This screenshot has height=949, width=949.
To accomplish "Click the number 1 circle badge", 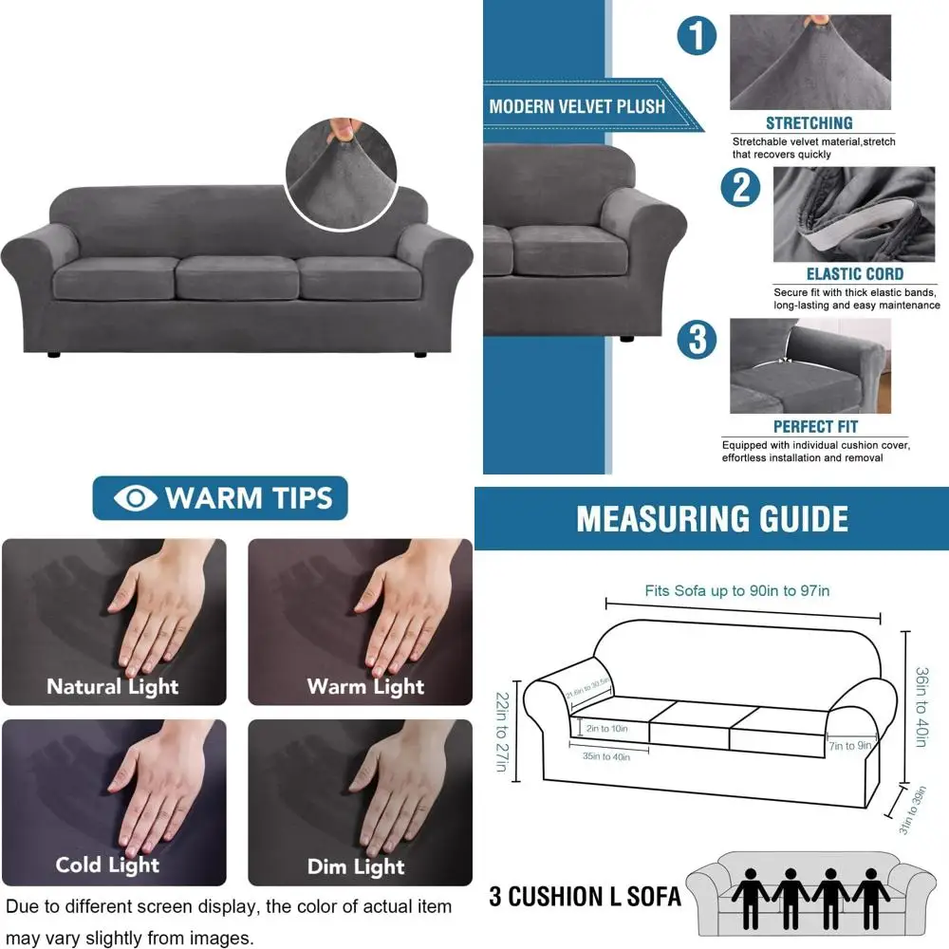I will (x=697, y=38).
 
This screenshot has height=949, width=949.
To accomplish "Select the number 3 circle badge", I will (x=698, y=340).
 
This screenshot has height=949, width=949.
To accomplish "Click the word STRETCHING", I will (x=809, y=123).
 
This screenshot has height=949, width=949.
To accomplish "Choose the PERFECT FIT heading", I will (x=815, y=427).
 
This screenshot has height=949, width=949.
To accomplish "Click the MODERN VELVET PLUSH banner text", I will (x=577, y=106).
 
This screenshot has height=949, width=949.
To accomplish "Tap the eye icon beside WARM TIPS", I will (x=135, y=498).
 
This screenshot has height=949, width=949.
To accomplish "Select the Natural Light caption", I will (x=113, y=686).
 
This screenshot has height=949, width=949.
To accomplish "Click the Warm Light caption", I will (x=365, y=686).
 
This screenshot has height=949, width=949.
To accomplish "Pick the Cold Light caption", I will (x=107, y=865).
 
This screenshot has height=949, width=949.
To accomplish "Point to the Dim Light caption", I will (x=356, y=866).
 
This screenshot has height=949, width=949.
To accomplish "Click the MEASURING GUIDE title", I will (x=712, y=519).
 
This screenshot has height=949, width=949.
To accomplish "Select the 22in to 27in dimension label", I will (x=501, y=732).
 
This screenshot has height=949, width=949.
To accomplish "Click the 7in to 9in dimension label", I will (x=850, y=746).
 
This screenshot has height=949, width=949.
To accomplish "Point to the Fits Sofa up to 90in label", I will (x=737, y=591).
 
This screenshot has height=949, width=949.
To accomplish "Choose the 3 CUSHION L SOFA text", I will (x=585, y=896).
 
